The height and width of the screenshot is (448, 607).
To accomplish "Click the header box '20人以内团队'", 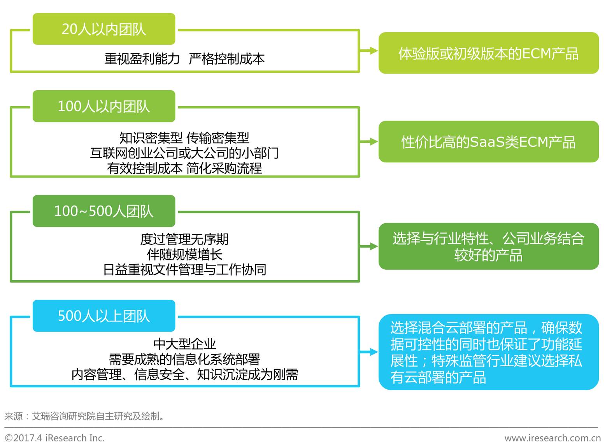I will [x=104, y=29].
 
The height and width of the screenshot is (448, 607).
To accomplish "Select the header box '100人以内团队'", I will [x=104, y=106].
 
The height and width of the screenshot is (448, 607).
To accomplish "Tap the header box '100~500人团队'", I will [x=104, y=211].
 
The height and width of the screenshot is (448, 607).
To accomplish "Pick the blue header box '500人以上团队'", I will [x=104, y=316].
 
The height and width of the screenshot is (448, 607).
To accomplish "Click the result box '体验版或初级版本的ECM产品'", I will [x=488, y=53].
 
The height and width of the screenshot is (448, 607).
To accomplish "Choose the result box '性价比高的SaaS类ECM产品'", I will [x=488, y=142].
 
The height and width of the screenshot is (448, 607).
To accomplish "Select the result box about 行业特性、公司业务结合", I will [x=488, y=246].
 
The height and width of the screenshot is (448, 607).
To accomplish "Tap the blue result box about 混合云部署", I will [x=488, y=352].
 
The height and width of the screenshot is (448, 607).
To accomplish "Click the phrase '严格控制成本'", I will [x=226, y=59].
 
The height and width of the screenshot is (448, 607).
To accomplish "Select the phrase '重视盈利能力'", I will [x=142, y=59].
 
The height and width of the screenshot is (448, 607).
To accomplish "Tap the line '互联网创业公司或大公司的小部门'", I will [x=184, y=153].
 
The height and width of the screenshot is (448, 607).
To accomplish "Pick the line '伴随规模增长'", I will [x=184, y=255].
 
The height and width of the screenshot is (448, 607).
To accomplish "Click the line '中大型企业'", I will [x=184, y=344].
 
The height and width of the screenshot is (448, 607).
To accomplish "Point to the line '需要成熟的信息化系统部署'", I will [x=184, y=359].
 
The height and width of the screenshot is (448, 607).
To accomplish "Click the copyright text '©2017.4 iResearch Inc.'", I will [x=54, y=438].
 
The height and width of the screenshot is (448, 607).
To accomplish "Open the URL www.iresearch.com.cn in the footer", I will [x=552, y=438].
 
